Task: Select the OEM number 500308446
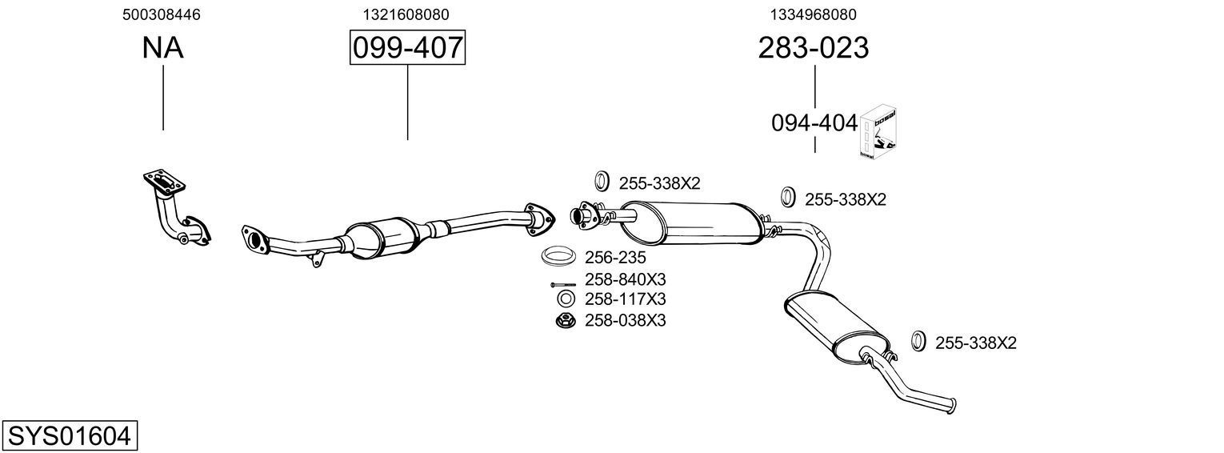tap(162, 14)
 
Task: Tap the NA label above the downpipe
tap(162, 48)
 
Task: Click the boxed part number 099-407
tap(407, 48)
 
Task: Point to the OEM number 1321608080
tap(406, 14)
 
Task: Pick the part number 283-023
tap(813, 48)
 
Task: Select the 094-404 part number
tap(814, 123)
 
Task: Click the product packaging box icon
tap(878, 131)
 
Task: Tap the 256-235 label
tap(615, 258)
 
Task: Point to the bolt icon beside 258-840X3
tap(562, 284)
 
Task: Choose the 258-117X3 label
tap(626, 299)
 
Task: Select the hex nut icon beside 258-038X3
tap(564, 321)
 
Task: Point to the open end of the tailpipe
tap(951, 403)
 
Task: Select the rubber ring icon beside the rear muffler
tap(918, 341)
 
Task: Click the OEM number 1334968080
tap(813, 14)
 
